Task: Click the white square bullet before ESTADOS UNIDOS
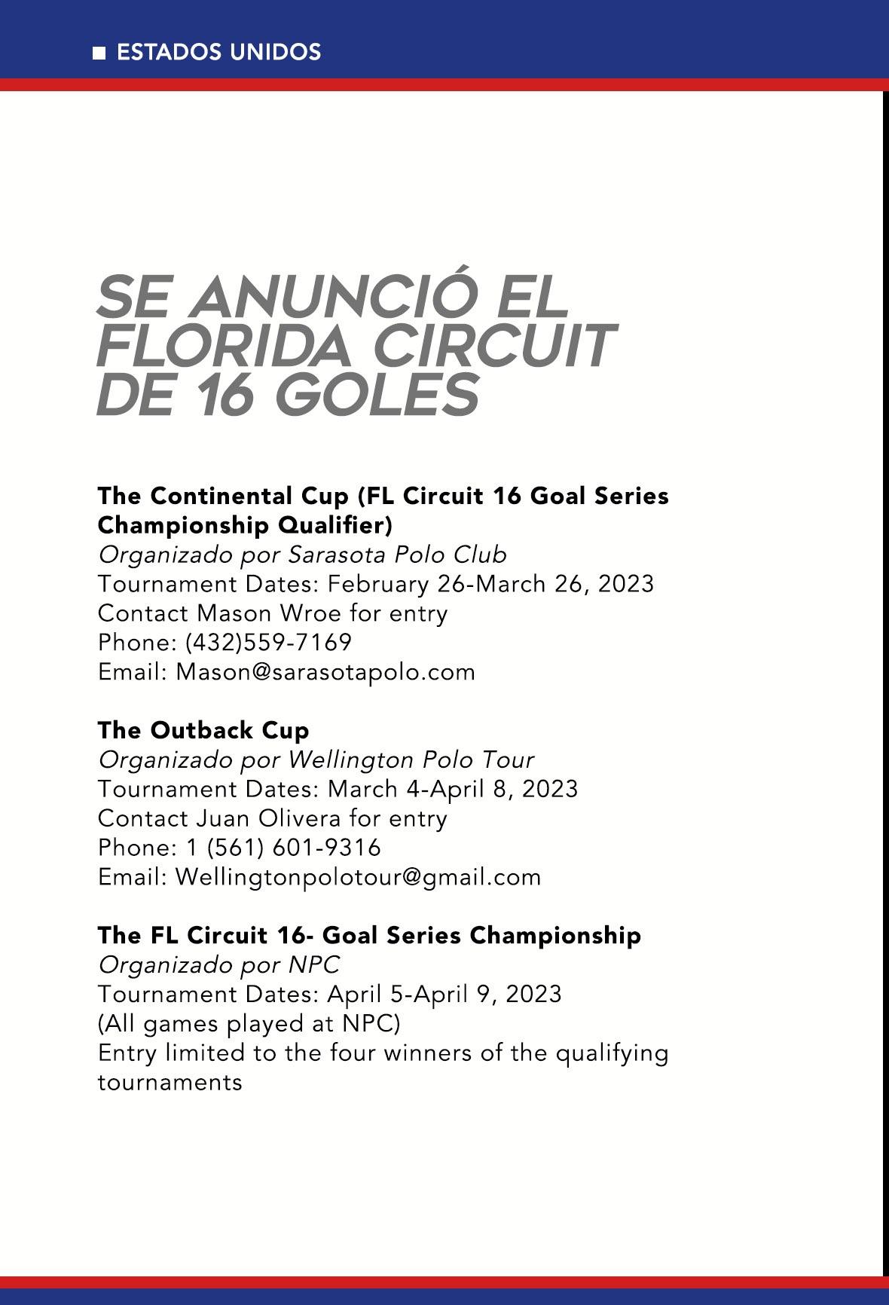tap(99, 53)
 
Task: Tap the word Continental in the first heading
tap(249, 496)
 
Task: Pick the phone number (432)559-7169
tap(269, 642)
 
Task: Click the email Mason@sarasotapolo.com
tap(325, 671)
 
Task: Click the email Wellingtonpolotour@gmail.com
tap(358, 877)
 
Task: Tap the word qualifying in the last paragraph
tap(612, 1053)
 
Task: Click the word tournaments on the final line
tap(170, 1083)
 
